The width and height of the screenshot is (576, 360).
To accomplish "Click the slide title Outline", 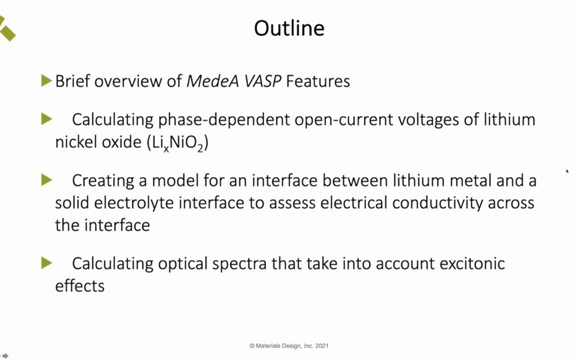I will pyautogui.click(x=289, y=28).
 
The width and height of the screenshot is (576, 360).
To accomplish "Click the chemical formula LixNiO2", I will pyautogui.click(x=177, y=143).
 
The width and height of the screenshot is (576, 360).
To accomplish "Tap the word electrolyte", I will pyautogui.click(x=134, y=202).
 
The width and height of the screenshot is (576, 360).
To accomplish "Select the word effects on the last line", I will pyautogui.click(x=79, y=286).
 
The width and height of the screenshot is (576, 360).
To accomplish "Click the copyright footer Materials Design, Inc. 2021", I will pyautogui.click(x=289, y=345).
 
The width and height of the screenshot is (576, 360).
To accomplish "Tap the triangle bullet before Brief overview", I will pyautogui.click(x=46, y=80).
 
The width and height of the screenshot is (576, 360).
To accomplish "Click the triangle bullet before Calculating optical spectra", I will pyautogui.click(x=46, y=262).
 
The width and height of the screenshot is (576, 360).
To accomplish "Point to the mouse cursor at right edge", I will pyautogui.click(x=567, y=171).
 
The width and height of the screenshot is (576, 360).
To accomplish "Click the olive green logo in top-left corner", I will pyautogui.click(x=7, y=28).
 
